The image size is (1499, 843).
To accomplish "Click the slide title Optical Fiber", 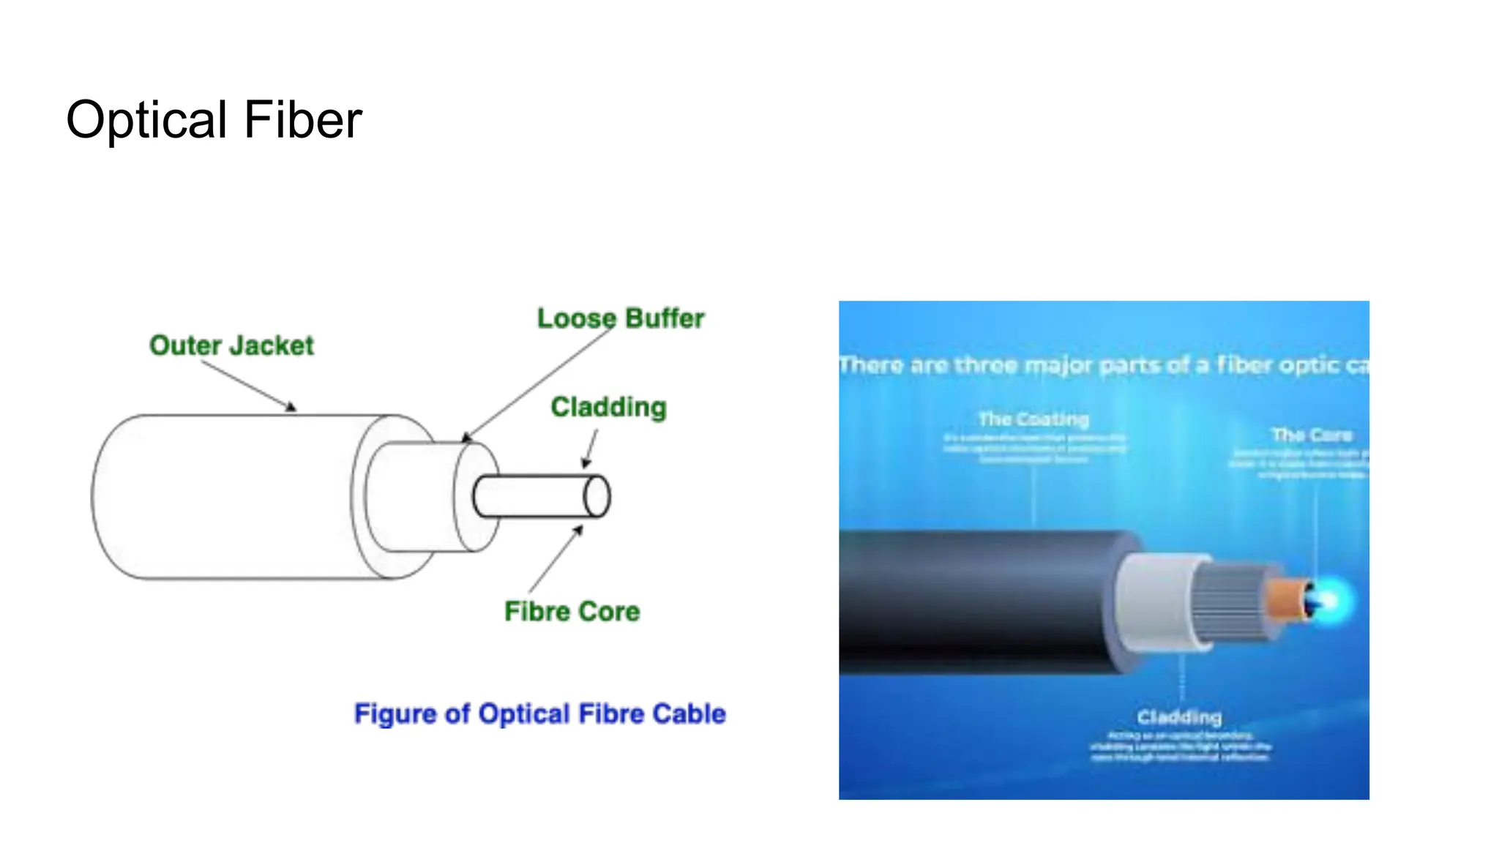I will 214,120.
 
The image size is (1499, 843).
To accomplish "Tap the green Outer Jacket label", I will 231,345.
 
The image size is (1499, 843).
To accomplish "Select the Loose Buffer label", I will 621,318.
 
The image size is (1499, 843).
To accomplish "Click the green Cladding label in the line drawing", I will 608,407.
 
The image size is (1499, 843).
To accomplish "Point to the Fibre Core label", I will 572,611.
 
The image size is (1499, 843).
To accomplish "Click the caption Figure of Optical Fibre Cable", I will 539,713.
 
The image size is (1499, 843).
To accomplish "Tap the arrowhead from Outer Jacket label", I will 291,407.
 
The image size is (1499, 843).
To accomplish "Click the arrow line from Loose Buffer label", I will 538,384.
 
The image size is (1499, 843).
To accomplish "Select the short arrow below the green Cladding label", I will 590,448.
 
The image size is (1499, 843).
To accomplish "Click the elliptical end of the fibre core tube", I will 597,497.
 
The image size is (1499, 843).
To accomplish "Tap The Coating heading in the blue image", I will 1033,419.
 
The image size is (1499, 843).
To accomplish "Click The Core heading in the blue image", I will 1312,435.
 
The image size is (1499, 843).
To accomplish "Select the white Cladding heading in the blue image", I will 1179,716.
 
